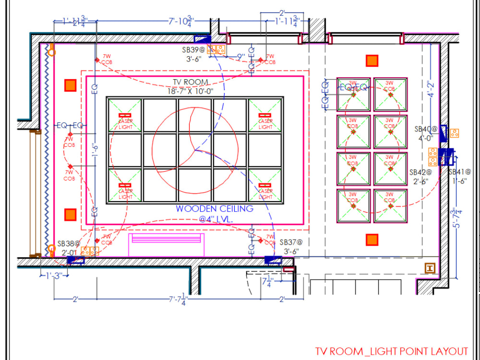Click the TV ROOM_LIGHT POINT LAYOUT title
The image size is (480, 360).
[x=391, y=351]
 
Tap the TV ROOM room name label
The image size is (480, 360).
[x=191, y=83]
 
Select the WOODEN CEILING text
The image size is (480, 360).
[x=214, y=209]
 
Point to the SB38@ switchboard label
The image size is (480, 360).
[x=68, y=244]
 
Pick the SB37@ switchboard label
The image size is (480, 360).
[x=291, y=243]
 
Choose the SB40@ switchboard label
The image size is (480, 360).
[x=426, y=129]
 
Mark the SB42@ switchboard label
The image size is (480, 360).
[x=420, y=172]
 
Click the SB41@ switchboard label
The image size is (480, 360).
[x=459, y=172]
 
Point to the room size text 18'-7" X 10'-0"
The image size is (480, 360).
[x=191, y=91]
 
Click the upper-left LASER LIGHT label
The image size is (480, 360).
[x=125, y=124]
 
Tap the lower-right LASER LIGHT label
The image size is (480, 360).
[x=265, y=193]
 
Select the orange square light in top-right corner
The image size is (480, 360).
[x=372, y=60]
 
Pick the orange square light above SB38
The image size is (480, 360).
[x=71, y=214]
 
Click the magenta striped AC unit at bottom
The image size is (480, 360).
[x=167, y=244]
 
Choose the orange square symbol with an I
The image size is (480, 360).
[x=430, y=269]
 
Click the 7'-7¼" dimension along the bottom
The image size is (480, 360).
[x=178, y=300]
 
